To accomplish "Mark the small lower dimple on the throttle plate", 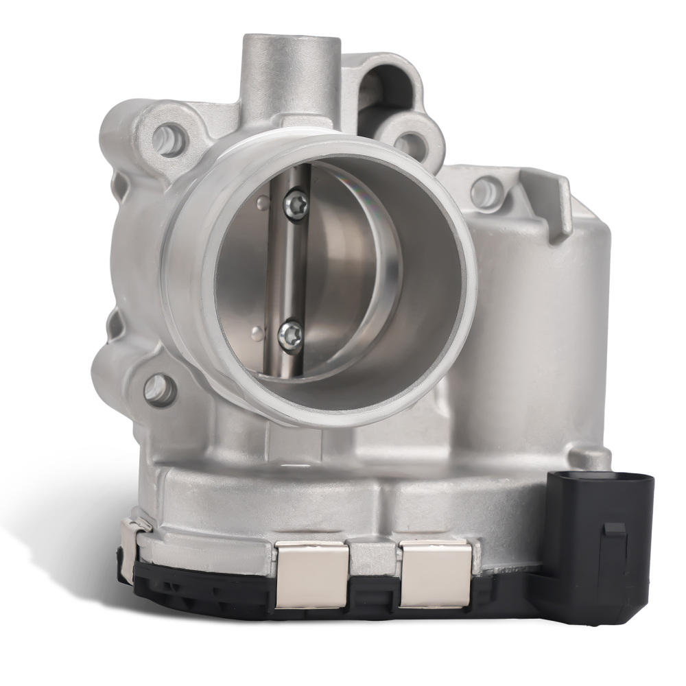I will pos(257,335).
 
